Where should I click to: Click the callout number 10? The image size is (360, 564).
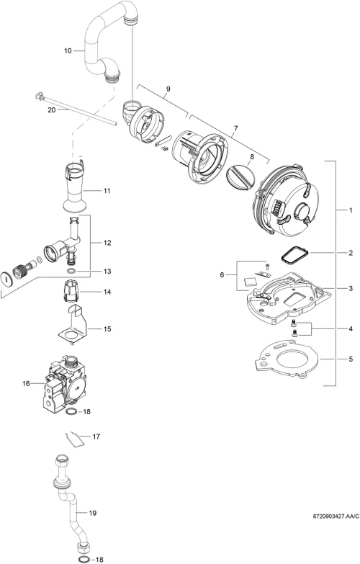tap(68, 51)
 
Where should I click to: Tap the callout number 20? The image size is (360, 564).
tap(52, 110)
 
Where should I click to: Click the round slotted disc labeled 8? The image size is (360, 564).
tap(240, 176)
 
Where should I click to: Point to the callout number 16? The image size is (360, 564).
tap(26, 383)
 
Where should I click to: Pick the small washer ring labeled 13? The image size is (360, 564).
tap(71, 270)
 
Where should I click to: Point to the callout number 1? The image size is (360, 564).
tap(351, 210)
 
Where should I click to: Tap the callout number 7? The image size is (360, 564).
tap(236, 128)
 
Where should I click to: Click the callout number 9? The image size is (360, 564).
tap(168, 89)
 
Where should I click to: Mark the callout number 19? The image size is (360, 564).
tap(93, 513)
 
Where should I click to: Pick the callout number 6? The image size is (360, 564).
tap(222, 275)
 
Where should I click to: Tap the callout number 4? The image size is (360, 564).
tap(351, 328)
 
